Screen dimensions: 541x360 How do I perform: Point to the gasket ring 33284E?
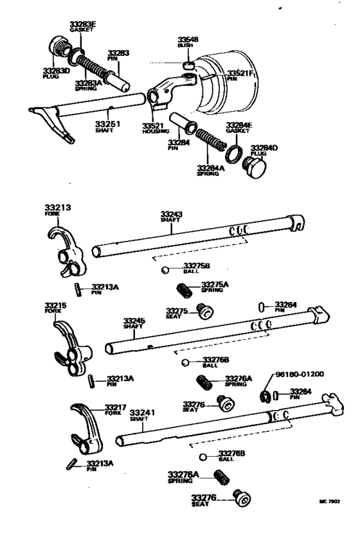pos(235,154)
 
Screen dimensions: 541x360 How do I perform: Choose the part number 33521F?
pos(240,75)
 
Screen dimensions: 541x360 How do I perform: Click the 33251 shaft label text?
pos(107,123)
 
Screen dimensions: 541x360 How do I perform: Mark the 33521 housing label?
pos(152,125)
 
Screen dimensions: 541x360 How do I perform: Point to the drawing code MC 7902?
pos(328,502)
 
